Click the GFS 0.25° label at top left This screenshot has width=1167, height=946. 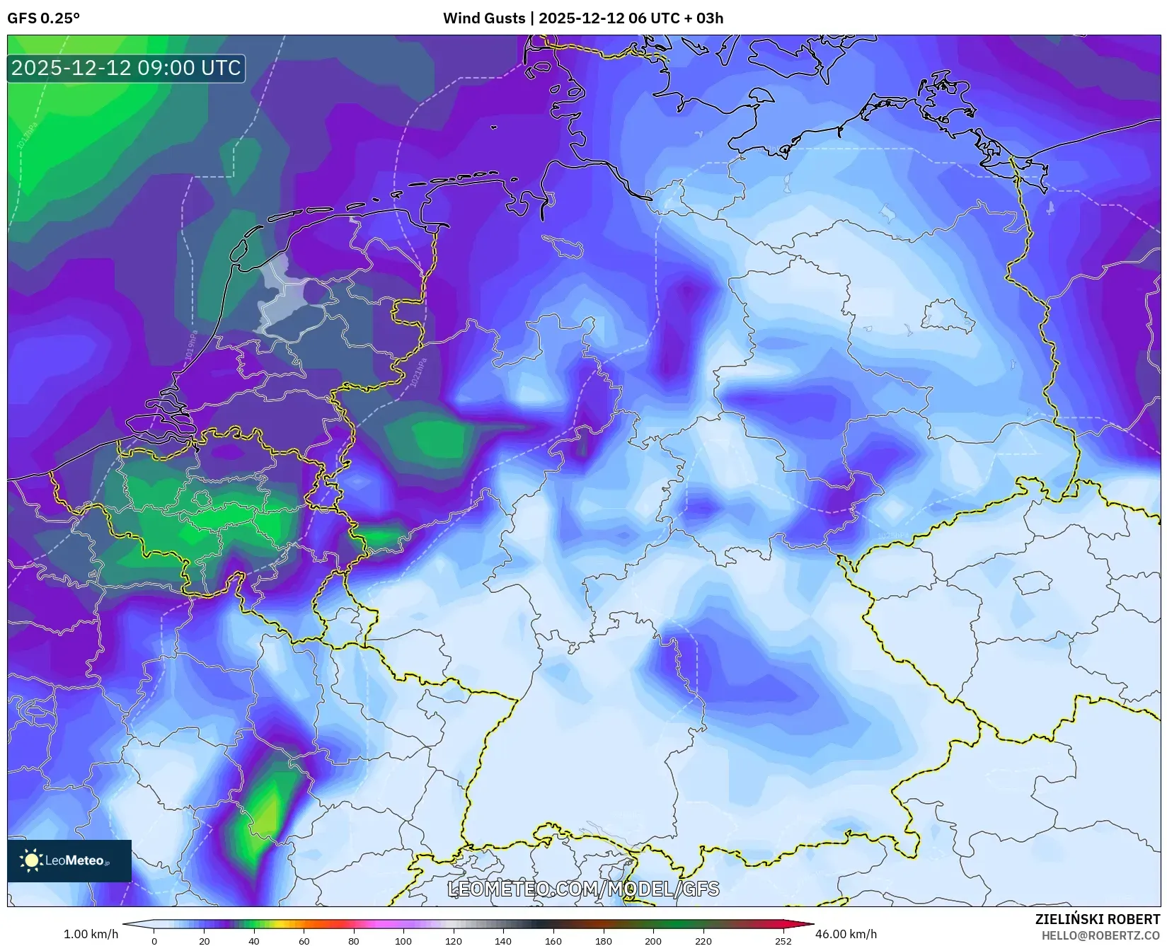(x=43, y=18)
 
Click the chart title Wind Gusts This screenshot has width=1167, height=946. (x=485, y=18)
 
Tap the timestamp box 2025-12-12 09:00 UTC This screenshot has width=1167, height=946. (x=126, y=68)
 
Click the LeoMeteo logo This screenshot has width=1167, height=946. (x=69, y=860)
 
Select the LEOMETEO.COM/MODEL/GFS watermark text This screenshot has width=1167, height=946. (x=583, y=889)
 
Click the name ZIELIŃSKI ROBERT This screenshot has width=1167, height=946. (x=1098, y=919)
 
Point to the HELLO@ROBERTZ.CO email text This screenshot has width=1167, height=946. (x=1100, y=935)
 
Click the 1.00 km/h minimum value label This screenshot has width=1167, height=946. (x=91, y=934)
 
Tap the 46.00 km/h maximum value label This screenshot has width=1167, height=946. (x=846, y=934)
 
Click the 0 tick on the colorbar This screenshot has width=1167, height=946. (x=154, y=941)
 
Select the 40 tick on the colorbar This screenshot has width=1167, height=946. (x=254, y=941)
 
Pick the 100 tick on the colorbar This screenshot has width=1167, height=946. (x=403, y=941)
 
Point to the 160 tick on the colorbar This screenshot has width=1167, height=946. (x=553, y=941)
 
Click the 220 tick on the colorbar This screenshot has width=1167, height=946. (x=703, y=941)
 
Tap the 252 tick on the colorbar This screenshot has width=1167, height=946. (x=783, y=941)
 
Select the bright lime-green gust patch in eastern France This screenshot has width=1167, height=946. (x=266, y=814)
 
